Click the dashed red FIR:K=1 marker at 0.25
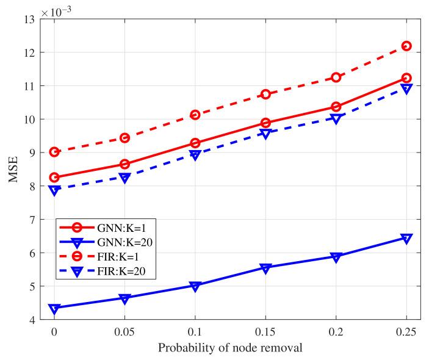pyautogui.click(x=406, y=46)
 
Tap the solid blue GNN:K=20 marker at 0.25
pyautogui.click(x=406, y=239)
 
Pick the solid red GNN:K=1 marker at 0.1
pyautogui.click(x=195, y=143)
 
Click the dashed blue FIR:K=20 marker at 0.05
pyautogui.click(x=125, y=178)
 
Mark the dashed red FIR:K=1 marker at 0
pyautogui.click(x=55, y=152)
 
